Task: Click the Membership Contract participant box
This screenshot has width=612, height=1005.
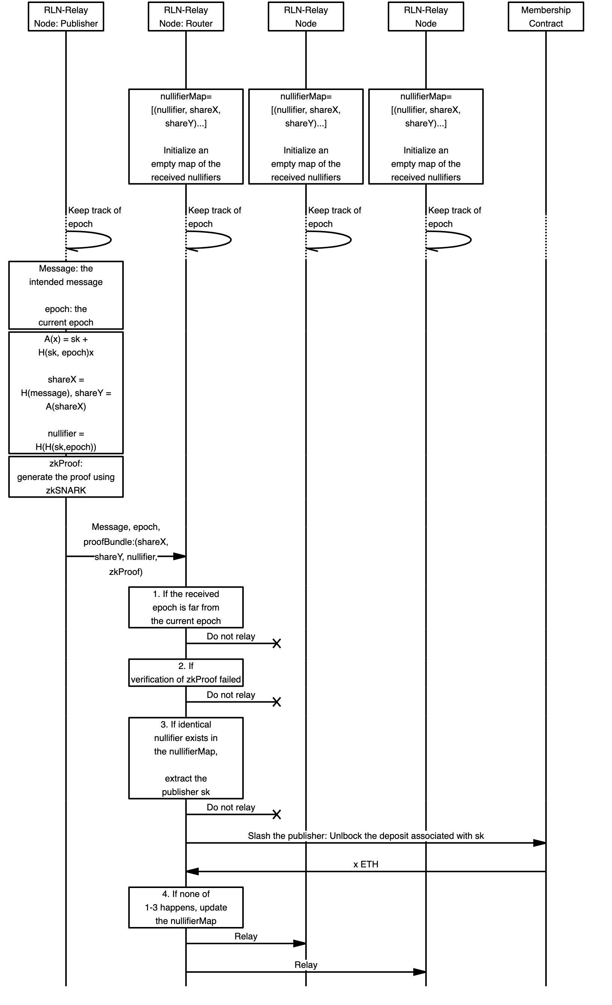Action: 546,17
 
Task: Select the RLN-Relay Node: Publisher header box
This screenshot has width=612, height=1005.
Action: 66,17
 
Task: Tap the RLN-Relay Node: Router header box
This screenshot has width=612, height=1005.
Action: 186,17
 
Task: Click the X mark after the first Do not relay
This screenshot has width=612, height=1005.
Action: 277,643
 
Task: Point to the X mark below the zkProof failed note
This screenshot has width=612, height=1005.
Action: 277,702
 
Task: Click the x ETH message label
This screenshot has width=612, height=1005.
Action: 366,864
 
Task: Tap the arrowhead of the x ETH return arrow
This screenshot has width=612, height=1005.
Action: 192,871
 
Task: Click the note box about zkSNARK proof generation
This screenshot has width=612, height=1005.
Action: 66,476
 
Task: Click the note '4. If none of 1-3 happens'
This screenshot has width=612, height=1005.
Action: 186,907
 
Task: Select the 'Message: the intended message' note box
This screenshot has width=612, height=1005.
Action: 66,295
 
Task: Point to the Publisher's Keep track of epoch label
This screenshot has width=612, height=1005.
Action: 94,217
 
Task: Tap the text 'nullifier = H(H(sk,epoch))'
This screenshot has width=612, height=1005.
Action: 66,440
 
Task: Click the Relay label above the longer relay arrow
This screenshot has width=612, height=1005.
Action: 306,964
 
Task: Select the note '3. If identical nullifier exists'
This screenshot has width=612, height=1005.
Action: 186,758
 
